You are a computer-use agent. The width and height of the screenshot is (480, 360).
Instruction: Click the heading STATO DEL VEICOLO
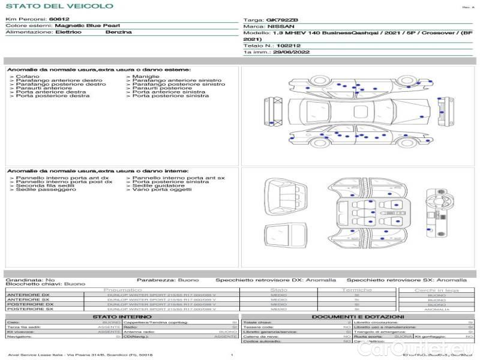pos(59,6)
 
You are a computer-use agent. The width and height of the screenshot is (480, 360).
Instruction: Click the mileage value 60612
pos(59,20)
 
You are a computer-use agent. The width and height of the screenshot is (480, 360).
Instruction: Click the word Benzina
pos(118,32)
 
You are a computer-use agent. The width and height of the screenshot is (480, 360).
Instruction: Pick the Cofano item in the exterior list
pos(28,77)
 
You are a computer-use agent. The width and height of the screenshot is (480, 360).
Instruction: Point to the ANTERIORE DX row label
pos(28,295)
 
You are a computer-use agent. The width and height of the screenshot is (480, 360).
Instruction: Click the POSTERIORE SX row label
pos(29,309)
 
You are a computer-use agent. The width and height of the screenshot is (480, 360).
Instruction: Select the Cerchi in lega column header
pos(436,290)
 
